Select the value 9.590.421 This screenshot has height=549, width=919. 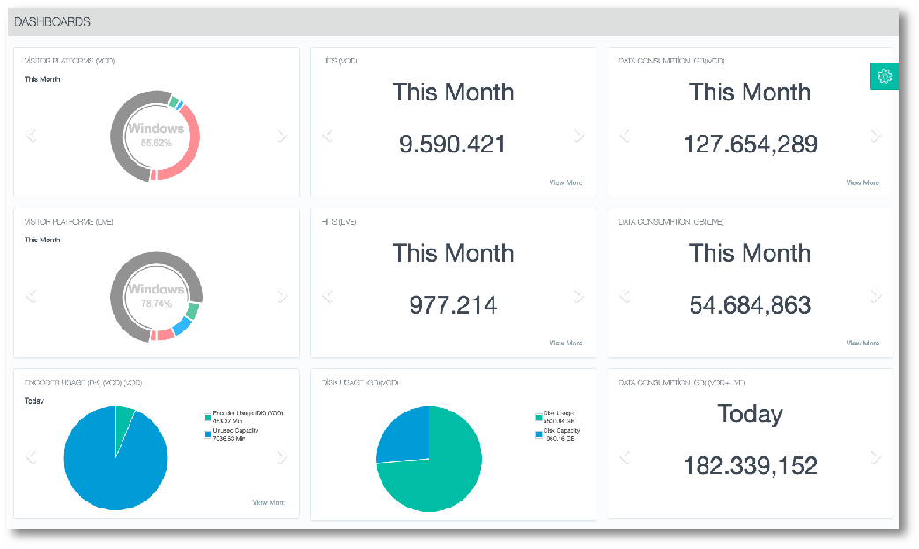pos(453,144)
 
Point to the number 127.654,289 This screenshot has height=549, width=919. pos(750,144)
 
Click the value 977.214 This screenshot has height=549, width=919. pos(453,305)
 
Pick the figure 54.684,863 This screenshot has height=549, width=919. pos(750,305)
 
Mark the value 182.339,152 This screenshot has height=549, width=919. pos(750,465)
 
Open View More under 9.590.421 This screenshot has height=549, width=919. pos(566,182)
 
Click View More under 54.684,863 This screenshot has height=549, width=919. pos(863,343)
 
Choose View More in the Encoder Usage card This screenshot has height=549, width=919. pos(269,502)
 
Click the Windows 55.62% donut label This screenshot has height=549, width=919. pos(156,134)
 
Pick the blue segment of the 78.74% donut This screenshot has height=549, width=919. pos(182,327)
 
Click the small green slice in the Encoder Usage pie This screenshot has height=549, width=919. pos(124,418)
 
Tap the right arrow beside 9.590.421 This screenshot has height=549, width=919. pos(579,135)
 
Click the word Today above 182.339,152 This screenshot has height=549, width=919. pos(750,413)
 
